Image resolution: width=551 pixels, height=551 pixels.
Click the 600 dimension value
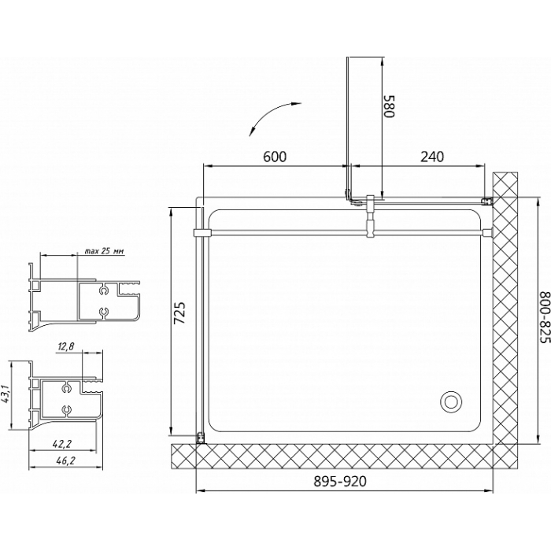tap(275, 157)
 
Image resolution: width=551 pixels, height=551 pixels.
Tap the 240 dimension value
tap(432, 157)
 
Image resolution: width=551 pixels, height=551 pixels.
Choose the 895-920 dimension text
tap(340, 481)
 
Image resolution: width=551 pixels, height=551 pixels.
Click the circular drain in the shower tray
tap(450, 401)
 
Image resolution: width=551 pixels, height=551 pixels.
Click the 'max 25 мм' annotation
tap(105, 251)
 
